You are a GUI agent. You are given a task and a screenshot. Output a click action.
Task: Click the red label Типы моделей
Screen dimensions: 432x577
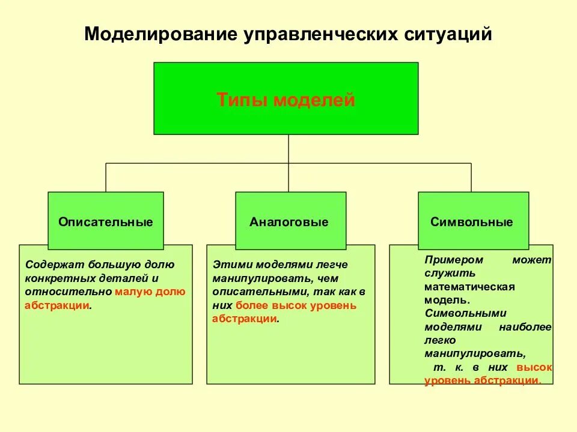coord(285,100)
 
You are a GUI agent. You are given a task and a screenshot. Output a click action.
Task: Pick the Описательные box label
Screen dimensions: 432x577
coord(106,222)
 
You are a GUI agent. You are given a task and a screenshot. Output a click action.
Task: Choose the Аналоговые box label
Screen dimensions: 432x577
coord(289,222)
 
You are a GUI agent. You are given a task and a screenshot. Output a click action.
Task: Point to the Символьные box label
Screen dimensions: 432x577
coord(472,222)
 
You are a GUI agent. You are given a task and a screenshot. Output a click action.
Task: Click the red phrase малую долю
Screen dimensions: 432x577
coord(150,292)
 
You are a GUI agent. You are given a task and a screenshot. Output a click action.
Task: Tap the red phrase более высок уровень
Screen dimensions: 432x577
coord(296,305)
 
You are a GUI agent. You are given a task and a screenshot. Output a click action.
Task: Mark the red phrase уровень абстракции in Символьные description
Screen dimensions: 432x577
coord(481,380)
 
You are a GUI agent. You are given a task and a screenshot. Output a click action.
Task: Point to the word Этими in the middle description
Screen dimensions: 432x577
coord(232,265)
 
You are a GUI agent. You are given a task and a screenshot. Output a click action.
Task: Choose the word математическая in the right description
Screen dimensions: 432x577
coord(469,287)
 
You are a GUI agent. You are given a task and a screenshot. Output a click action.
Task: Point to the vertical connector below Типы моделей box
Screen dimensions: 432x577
coord(288,149)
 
